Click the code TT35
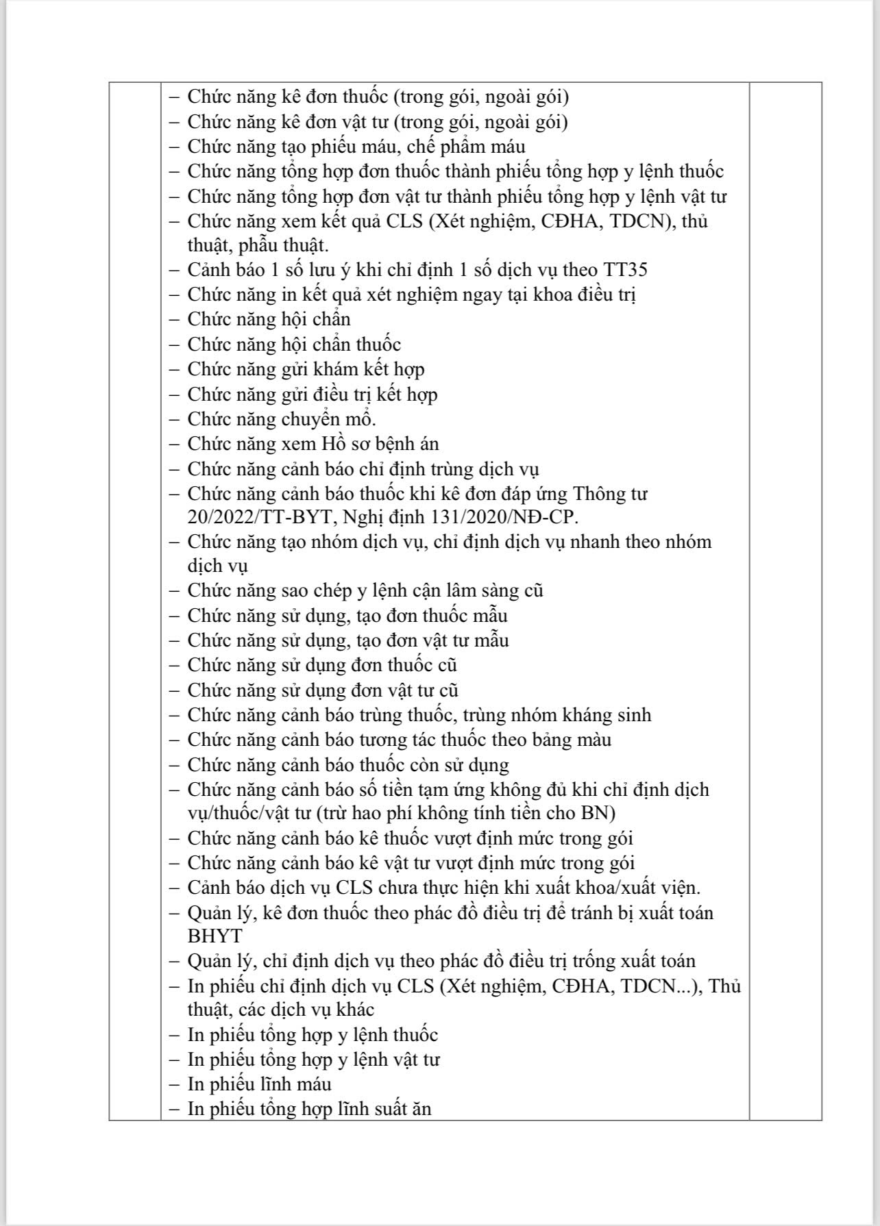tap(625, 270)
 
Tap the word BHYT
tap(215, 936)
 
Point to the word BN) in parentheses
tap(598, 813)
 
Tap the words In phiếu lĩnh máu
tap(260, 1084)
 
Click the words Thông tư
tap(609, 493)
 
